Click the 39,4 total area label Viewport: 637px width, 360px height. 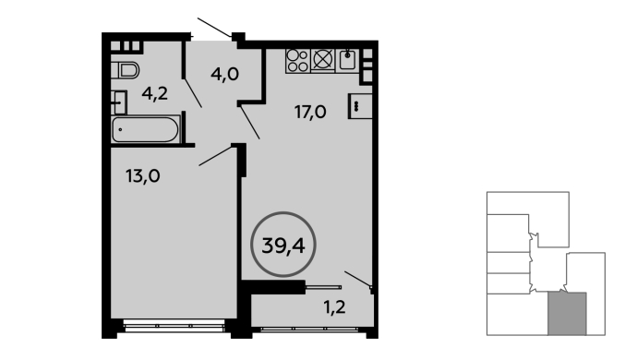pyautogui.click(x=283, y=246)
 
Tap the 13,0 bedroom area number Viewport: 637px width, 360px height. pyautogui.click(x=142, y=176)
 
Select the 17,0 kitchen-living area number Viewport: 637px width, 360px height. pyautogui.click(x=310, y=112)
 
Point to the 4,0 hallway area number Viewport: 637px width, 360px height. pyautogui.click(x=224, y=74)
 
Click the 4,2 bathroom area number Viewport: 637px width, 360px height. pyautogui.click(x=155, y=93)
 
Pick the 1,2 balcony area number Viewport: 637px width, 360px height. pyautogui.click(x=334, y=306)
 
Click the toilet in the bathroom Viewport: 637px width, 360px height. pyautogui.click(x=126, y=70)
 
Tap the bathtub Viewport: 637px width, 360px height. pyautogui.click(x=146, y=129)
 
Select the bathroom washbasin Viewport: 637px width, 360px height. pyautogui.click(x=118, y=102)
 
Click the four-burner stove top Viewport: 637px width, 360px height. pyautogui.click(x=298, y=61)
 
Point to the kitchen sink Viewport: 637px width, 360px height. pyautogui.click(x=347, y=60)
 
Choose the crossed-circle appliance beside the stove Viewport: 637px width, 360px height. pyautogui.click(x=323, y=60)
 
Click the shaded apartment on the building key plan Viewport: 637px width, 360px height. pyautogui.click(x=567, y=314)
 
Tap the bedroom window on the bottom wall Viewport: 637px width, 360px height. pyautogui.click(x=174, y=326)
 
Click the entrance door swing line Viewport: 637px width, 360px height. pyautogui.click(x=214, y=28)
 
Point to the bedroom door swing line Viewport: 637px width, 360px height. pyautogui.click(x=216, y=156)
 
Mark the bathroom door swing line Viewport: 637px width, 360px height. pyautogui.click(x=193, y=93)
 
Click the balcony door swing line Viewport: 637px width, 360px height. pyautogui.click(x=358, y=279)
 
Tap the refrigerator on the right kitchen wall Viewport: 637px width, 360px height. pyautogui.click(x=360, y=106)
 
